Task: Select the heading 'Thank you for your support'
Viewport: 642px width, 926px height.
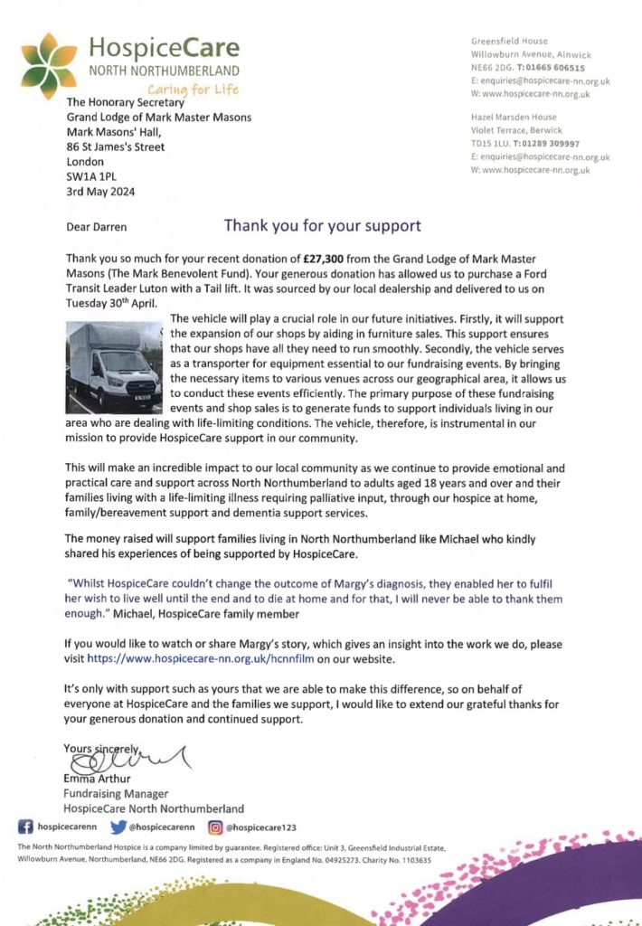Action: pos(322,225)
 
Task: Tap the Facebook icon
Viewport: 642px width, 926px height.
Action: pos(25,827)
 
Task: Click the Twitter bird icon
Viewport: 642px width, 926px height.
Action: pos(117,827)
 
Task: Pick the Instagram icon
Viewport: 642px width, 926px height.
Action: pos(215,827)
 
